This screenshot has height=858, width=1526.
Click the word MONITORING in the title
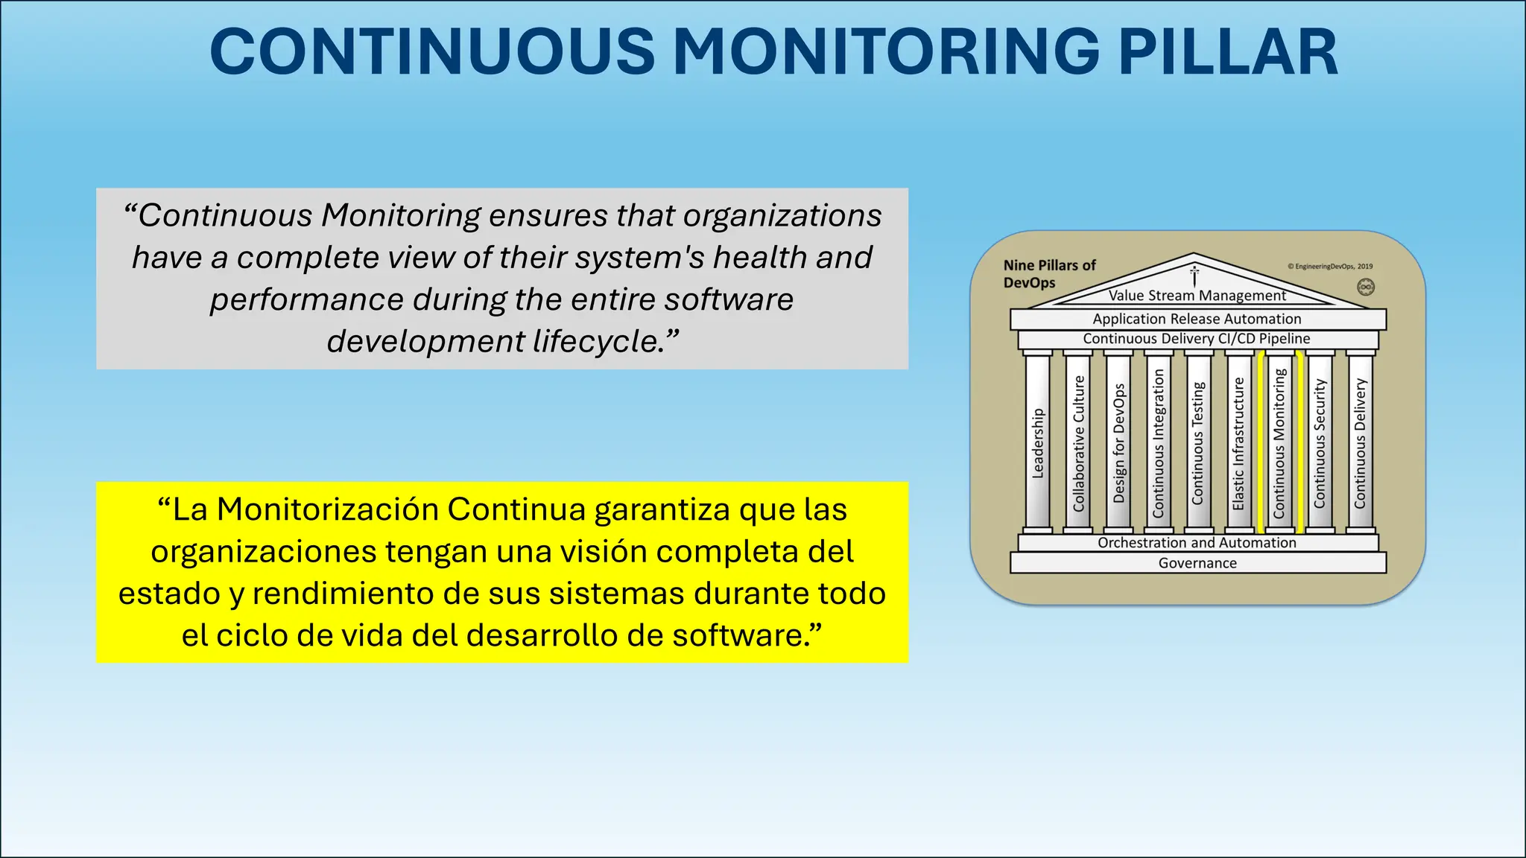pyautogui.click(x=886, y=52)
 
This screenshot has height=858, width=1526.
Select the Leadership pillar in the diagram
pyautogui.click(x=1038, y=443)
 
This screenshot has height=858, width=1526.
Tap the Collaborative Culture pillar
pyautogui.click(x=1078, y=443)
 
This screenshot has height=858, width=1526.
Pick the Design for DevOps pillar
pyautogui.click(x=1118, y=443)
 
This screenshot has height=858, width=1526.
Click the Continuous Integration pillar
pyautogui.click(x=1159, y=443)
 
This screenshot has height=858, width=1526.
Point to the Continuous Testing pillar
pyautogui.click(x=1198, y=443)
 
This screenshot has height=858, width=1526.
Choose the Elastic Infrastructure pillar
pyautogui.click(x=1238, y=443)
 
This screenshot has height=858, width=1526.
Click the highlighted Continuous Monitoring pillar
pyautogui.click(x=1279, y=443)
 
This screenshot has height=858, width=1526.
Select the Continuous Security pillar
pyautogui.click(x=1320, y=443)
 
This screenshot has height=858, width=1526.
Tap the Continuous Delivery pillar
pyautogui.click(x=1360, y=443)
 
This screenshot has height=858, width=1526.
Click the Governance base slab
pyautogui.click(x=1197, y=563)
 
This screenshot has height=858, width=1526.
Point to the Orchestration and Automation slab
pyautogui.click(x=1197, y=543)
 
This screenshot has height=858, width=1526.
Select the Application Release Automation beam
pyautogui.click(x=1197, y=319)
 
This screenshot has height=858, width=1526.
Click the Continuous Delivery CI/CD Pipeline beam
pyautogui.click(x=1197, y=339)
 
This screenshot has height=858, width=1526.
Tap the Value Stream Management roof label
pyautogui.click(x=1197, y=296)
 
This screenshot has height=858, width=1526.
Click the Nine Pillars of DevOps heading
pyautogui.click(x=1049, y=273)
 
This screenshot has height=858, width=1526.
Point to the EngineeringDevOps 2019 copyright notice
pyautogui.click(x=1330, y=266)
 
